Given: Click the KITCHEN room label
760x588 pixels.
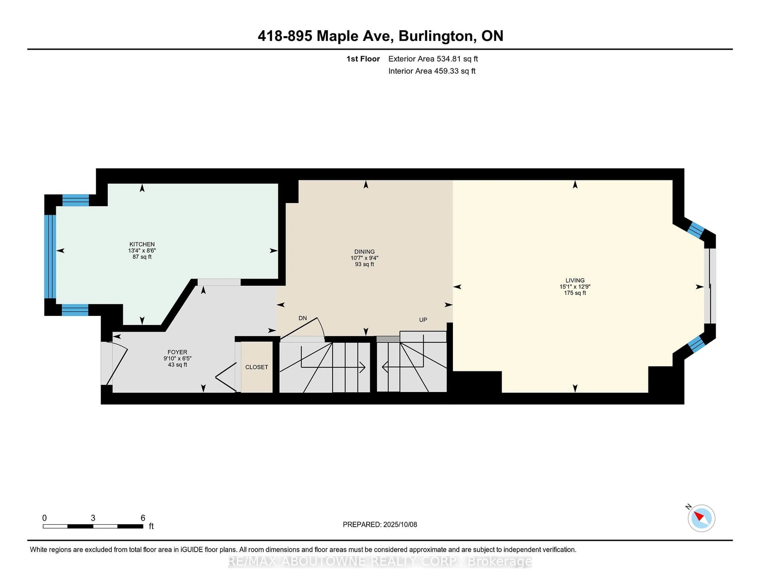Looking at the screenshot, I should [x=142, y=244].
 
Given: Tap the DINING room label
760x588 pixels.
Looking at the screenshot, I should [x=364, y=251].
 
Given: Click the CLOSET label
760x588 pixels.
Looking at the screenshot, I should [x=256, y=367].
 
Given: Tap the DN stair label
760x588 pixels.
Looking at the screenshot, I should [x=302, y=318].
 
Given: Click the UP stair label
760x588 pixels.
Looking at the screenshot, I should [x=423, y=320].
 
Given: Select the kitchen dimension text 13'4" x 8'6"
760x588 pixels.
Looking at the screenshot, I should [x=142, y=250].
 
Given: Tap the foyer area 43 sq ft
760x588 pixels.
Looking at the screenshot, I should [x=178, y=365].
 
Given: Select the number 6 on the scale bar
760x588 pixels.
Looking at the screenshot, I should [x=143, y=518].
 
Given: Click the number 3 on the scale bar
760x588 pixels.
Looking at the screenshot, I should [x=93, y=518].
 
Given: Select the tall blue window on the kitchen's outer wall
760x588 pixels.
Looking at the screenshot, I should [x=50, y=257].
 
